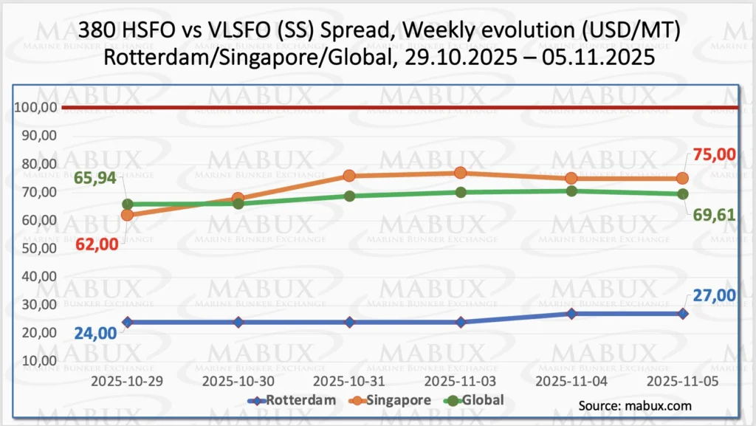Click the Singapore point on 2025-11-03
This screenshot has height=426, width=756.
point(460,173)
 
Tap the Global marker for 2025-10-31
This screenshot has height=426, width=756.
point(349,196)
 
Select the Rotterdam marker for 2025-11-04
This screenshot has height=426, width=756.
point(571,314)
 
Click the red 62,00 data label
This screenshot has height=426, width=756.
point(97,244)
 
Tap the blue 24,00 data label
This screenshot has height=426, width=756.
point(95,333)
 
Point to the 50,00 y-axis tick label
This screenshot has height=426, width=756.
point(38,248)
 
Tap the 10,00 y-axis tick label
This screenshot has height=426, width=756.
point(38,360)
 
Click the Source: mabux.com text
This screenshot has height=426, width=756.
point(635,405)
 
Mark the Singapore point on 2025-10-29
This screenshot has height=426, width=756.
point(127,215)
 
